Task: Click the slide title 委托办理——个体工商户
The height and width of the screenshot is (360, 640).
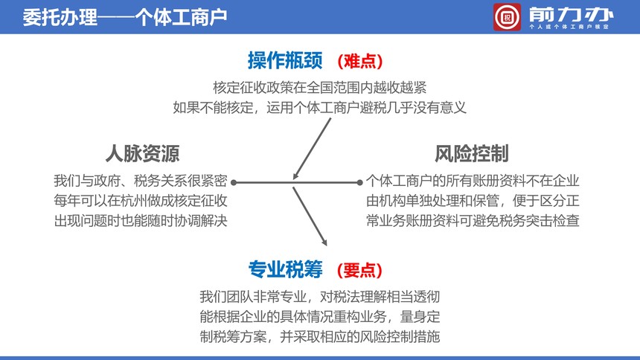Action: pyautogui.click(x=124, y=17)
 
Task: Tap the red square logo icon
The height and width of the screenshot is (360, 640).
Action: pyautogui.click(x=507, y=17)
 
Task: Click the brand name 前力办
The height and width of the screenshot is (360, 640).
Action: pyautogui.click(x=571, y=15)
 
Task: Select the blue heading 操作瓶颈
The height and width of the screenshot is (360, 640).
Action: pyautogui.click(x=285, y=60)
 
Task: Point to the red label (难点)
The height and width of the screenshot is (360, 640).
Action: pyautogui.click(x=360, y=61)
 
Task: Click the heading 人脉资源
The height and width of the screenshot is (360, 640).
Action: pyautogui.click(x=142, y=153)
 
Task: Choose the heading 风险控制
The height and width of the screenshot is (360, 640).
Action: pyautogui.click(x=471, y=153)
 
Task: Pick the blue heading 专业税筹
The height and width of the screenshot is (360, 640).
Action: pyautogui.click(x=285, y=269)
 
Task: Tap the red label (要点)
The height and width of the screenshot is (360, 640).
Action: pyautogui.click(x=359, y=270)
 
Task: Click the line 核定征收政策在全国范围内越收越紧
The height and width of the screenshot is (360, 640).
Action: pyautogui.click(x=319, y=87)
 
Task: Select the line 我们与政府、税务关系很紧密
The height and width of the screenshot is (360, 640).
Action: pyautogui.click(x=141, y=181)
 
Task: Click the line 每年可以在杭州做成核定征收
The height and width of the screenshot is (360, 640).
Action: pyautogui.click(x=141, y=201)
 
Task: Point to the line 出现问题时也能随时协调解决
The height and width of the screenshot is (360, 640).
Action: pyautogui.click(x=141, y=221)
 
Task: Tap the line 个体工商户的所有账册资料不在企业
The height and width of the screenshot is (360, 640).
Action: pyautogui.click(x=473, y=181)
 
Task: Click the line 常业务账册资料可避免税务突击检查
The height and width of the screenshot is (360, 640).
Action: pyautogui.click(x=473, y=221)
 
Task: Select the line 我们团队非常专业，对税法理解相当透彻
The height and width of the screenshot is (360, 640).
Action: pyautogui.click(x=319, y=297)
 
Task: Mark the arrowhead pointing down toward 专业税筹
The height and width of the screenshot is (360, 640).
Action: pyautogui.click(x=324, y=242)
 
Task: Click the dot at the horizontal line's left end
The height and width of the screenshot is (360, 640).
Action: pyautogui.click(x=234, y=182)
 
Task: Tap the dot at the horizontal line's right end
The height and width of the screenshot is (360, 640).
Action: pyautogui.click(x=359, y=182)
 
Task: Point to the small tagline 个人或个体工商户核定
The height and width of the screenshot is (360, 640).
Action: pyautogui.click(x=569, y=27)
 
